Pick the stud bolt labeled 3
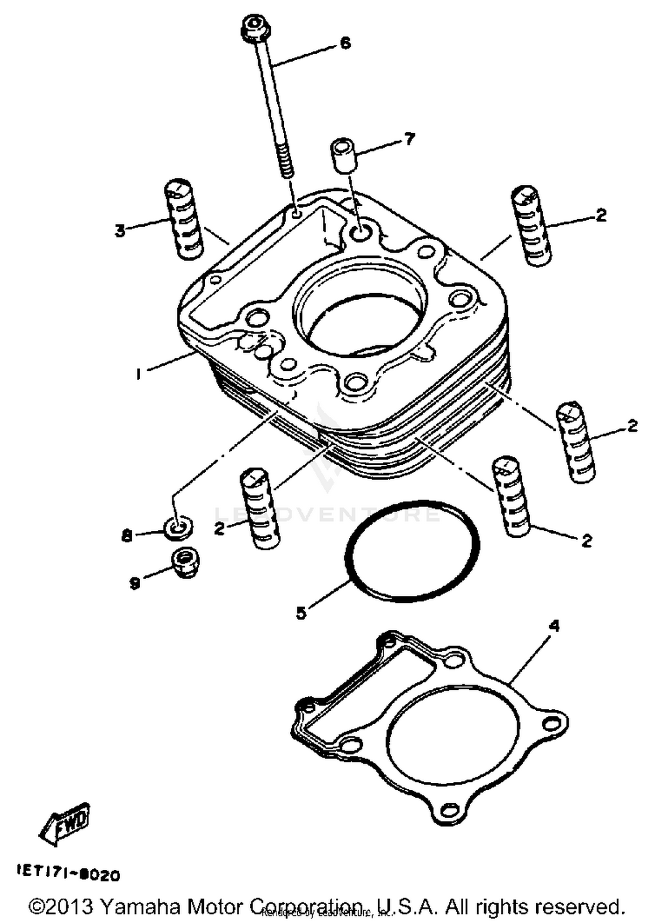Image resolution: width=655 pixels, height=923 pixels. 183,220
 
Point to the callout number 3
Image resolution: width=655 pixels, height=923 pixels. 120,230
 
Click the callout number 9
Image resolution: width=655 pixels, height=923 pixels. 135,583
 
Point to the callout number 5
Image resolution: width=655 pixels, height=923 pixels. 301,613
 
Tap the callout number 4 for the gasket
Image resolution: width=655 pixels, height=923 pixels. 554,626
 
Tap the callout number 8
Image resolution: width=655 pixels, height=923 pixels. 127,536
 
